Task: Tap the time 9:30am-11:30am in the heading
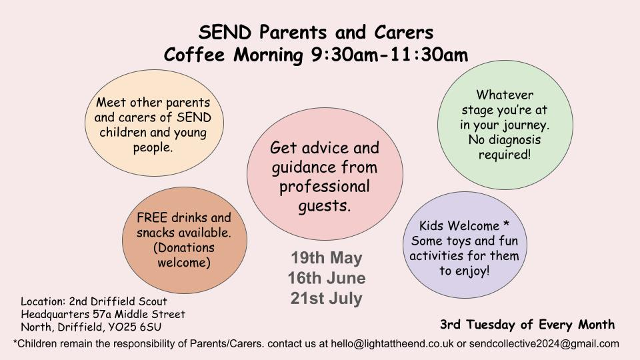[x=389, y=55]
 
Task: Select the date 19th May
[x=326, y=258]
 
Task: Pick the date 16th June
[x=326, y=277]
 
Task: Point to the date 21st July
[x=326, y=297]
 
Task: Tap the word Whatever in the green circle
[x=505, y=95]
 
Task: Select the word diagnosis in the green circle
[x=514, y=141]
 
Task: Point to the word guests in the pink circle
[x=324, y=205]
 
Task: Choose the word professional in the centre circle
[x=325, y=185]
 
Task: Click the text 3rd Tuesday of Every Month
[x=527, y=325]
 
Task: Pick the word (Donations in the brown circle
[x=184, y=248]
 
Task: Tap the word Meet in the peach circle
[x=111, y=103]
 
